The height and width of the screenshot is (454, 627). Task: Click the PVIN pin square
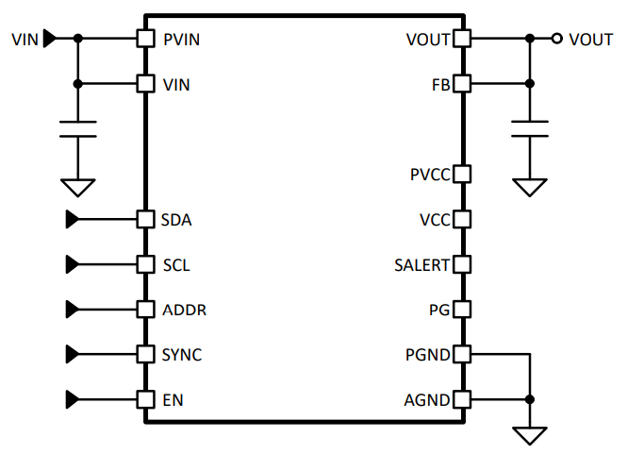(145, 39)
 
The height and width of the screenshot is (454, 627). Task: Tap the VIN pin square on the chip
(145, 84)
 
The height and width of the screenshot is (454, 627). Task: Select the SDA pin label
(176, 220)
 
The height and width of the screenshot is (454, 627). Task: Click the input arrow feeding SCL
(72, 264)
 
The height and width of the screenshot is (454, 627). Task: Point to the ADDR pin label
(184, 310)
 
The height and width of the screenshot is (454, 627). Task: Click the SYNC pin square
(145, 355)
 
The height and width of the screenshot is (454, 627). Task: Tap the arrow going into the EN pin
(72, 399)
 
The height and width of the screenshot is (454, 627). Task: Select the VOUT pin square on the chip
(462, 39)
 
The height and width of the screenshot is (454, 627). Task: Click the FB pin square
(462, 84)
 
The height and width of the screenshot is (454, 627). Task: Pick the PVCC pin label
(430, 175)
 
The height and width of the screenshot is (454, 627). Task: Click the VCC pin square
(462, 220)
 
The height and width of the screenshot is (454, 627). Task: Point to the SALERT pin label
(421, 265)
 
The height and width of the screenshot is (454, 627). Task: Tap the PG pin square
(462, 310)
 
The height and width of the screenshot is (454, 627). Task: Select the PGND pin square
(462, 355)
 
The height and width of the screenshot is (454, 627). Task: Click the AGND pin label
(427, 400)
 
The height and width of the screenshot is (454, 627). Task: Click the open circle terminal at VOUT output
(557, 39)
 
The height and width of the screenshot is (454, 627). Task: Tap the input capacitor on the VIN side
(78, 129)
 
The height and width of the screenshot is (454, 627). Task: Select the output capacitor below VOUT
(530, 129)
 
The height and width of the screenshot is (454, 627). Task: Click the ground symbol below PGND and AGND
(530, 434)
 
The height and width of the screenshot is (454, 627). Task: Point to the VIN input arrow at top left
(50, 39)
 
